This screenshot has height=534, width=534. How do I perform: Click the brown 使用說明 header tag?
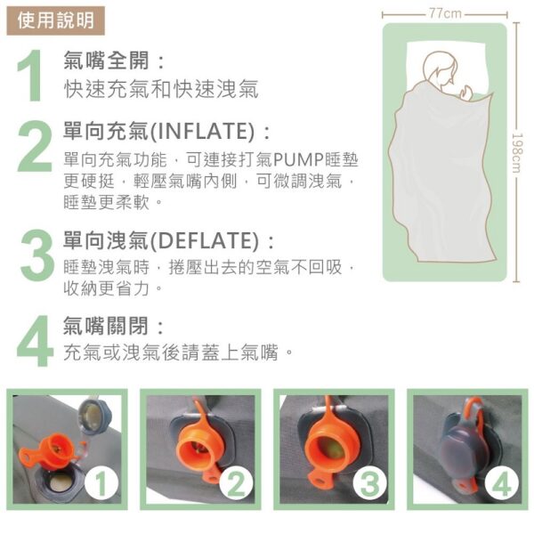[55, 20]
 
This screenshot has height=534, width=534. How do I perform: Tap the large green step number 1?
[30, 75]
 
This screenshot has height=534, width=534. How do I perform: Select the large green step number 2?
[35, 146]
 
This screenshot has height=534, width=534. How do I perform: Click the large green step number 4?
[35, 341]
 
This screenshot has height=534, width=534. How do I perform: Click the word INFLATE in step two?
[202, 131]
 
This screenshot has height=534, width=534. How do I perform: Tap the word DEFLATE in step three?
[205, 240]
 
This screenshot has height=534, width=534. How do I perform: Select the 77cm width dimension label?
[445, 13]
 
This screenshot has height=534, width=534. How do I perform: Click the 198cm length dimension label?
[517, 152]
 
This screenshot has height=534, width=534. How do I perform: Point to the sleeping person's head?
[440, 69]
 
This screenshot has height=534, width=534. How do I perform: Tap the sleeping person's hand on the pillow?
[465, 93]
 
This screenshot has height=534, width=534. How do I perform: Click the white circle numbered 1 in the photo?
[101, 483]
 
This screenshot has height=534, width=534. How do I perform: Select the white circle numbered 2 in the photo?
[236, 483]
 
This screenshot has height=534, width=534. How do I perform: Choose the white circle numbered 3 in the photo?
[369, 483]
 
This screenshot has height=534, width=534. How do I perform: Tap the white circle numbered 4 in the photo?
[501, 483]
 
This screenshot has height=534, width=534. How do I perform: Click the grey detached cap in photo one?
[93, 417]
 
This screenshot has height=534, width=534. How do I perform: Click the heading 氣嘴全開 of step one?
[106, 61]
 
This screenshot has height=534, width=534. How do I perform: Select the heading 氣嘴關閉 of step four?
[106, 326]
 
